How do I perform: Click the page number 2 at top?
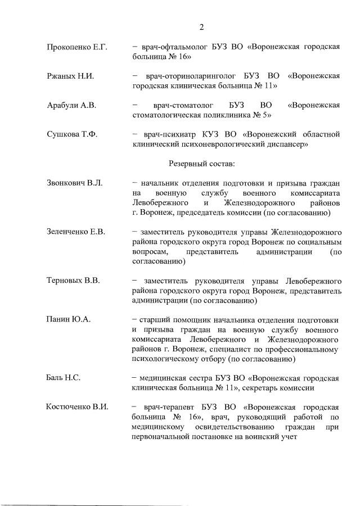[201, 26]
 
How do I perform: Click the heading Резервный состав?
[202, 164]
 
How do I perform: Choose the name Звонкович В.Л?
[74, 183]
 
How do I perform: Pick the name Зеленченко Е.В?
[76, 232]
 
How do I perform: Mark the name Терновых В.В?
[73, 280]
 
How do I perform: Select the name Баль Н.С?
[63, 377]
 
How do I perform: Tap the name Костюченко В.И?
[77, 406]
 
